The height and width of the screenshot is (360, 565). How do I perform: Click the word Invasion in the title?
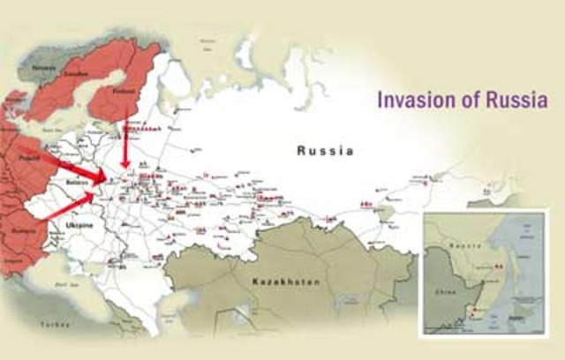coord(410,100)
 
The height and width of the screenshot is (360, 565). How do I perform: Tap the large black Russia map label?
coord(325,151)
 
